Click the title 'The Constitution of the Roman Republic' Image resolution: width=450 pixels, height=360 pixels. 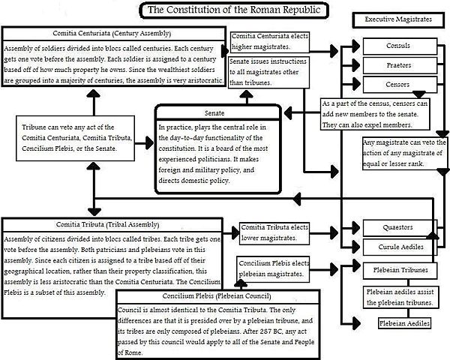pyautogui.click(x=225, y=10)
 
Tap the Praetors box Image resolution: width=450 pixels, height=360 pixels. pyautogui.click(x=397, y=64)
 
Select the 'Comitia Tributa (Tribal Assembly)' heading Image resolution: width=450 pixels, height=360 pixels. pyautogui.click(x=112, y=223)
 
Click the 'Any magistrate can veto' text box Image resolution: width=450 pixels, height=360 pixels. pyautogui.click(x=402, y=153)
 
